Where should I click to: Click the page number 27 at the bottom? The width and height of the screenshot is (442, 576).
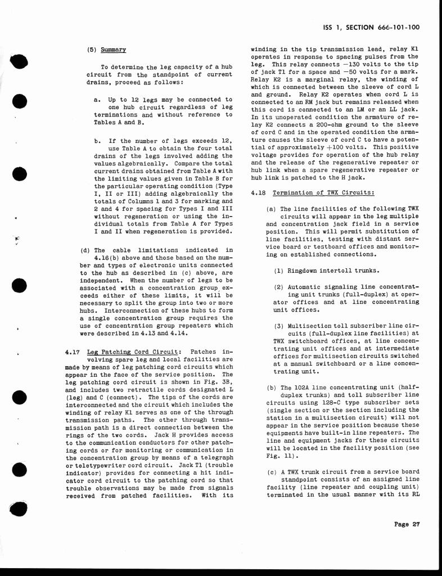(x=416, y=524)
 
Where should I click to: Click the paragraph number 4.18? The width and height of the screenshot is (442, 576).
(x=259, y=193)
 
